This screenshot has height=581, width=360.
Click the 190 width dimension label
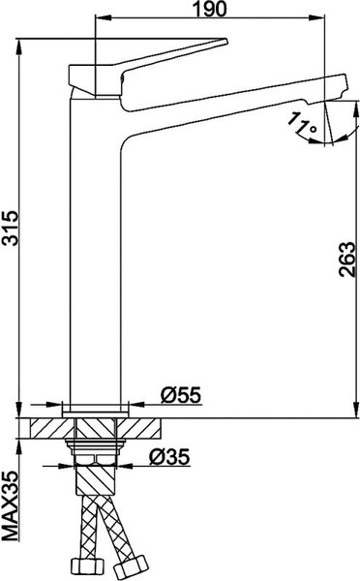(x=214, y=10)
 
